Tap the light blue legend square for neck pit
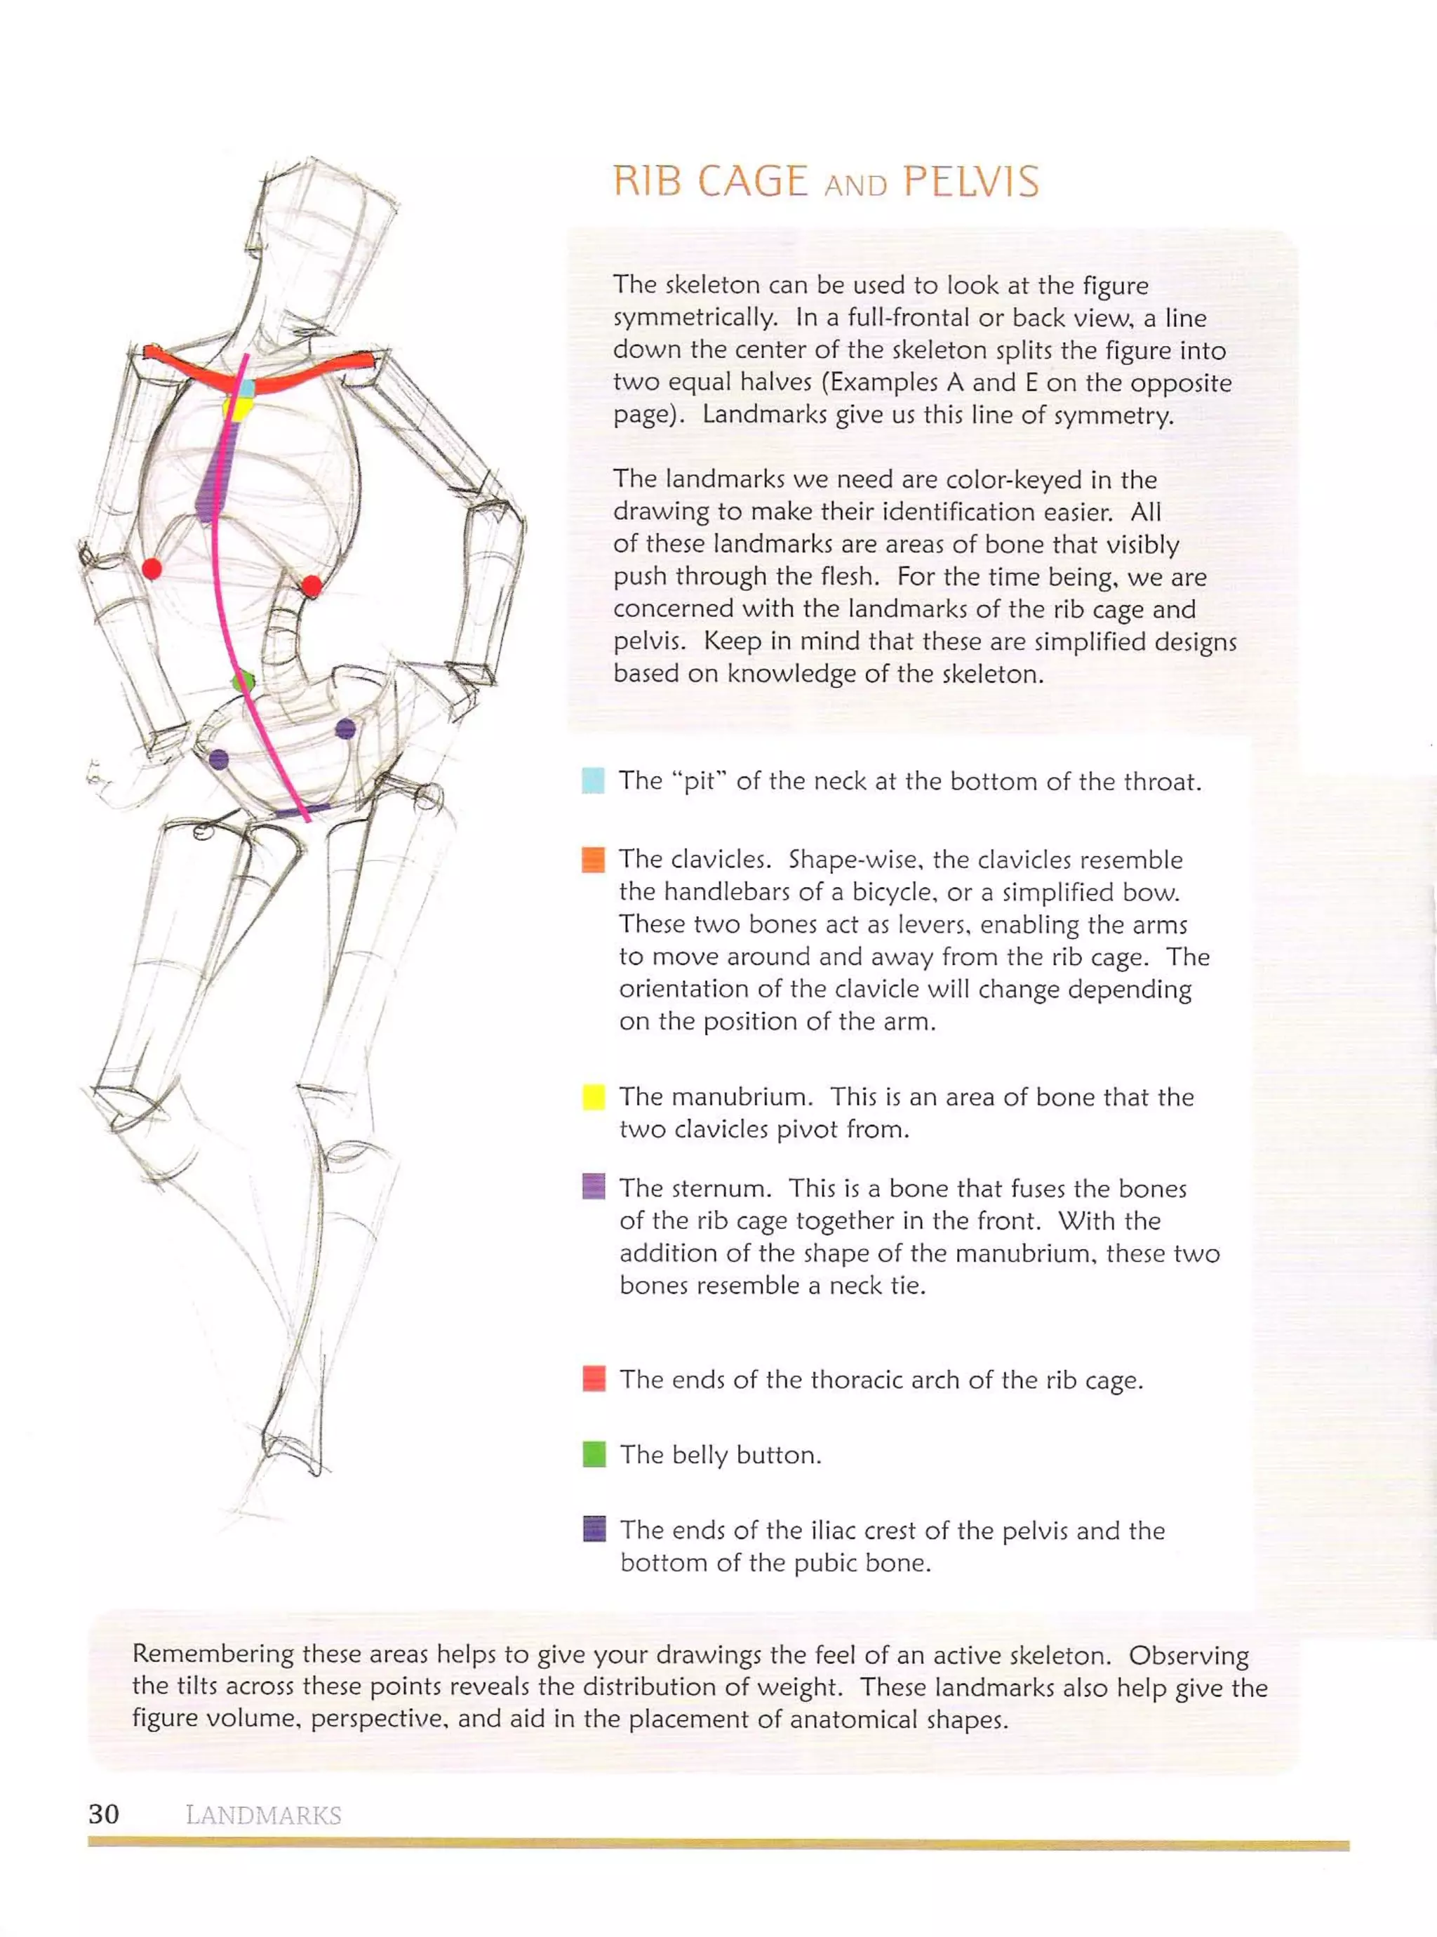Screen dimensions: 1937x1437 pyautogui.click(x=592, y=780)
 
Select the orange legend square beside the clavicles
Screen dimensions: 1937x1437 pyautogui.click(x=592, y=859)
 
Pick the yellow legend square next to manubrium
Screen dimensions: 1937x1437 pyautogui.click(x=593, y=1097)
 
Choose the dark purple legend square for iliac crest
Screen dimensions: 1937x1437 pyautogui.click(x=594, y=1529)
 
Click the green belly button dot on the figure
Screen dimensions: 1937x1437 pyautogui.click(x=243, y=681)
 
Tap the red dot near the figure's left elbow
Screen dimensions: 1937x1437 pyautogui.click(x=152, y=569)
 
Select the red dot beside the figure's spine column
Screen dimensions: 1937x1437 pyautogui.click(x=312, y=586)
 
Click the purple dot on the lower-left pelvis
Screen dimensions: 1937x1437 pyautogui.click(x=218, y=760)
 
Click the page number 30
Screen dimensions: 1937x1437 pyautogui.click(x=104, y=1813)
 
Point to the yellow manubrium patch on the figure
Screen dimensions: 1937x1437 pyautogui.click(x=237, y=408)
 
